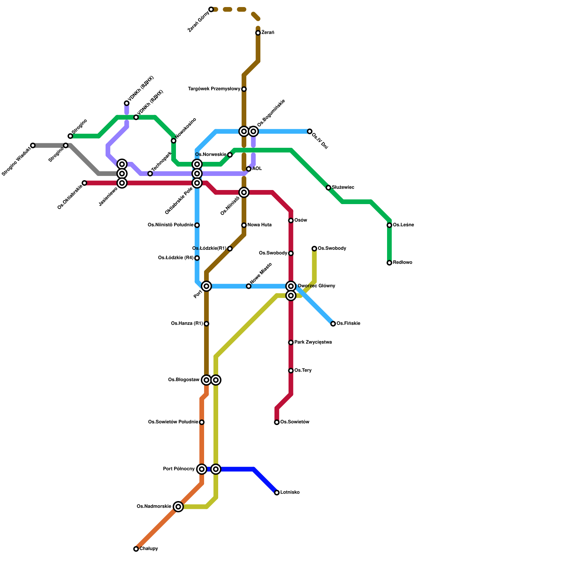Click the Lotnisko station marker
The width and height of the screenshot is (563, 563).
coord(277,493)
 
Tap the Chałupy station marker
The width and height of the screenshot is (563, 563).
coord(136,549)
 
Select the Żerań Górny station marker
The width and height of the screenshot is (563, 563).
coord(211,9)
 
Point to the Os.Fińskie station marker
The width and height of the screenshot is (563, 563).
coord(333,324)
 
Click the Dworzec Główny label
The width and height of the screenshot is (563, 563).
coord(316,286)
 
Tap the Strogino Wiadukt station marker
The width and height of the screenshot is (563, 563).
coord(33,146)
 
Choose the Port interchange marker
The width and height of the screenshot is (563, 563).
coord(207,286)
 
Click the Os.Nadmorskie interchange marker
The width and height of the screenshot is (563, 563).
coord(178,507)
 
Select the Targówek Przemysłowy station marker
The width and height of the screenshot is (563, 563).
coord(244,89)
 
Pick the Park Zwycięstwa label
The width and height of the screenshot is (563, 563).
coord(313,342)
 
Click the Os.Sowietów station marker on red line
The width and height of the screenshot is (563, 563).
coord(277,422)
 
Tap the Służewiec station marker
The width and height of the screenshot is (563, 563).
coord(328,188)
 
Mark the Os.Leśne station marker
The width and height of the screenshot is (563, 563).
coord(390,225)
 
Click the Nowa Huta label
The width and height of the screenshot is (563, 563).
coord(259,225)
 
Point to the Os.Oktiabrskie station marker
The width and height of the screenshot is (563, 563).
coord(84,183)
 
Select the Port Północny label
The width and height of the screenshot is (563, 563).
coord(179,469)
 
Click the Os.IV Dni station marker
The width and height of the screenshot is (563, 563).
coord(310,132)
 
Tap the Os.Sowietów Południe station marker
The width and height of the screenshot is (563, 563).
coord(202,422)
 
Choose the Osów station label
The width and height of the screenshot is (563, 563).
coord(301,221)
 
